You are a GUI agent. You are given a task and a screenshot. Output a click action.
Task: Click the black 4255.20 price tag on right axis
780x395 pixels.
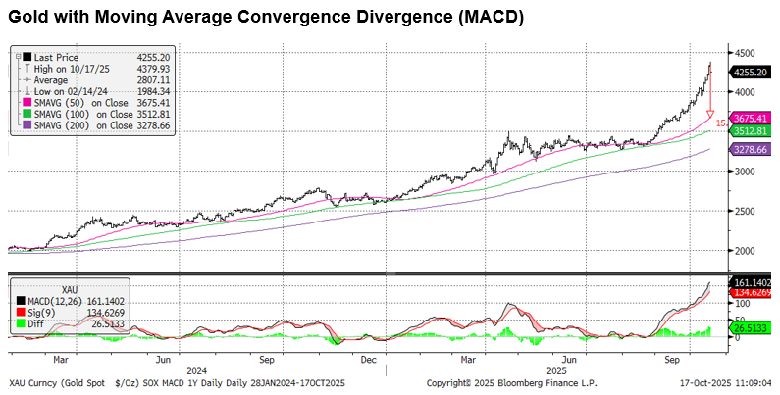click(750, 72)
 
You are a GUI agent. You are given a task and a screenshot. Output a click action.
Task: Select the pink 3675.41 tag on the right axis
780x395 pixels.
click(751, 118)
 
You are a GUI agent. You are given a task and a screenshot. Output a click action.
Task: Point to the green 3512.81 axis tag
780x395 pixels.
click(751, 130)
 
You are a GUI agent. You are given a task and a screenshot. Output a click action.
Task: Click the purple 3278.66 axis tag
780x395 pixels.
click(751, 149)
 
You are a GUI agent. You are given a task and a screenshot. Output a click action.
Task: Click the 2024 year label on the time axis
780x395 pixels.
click(195, 370)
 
